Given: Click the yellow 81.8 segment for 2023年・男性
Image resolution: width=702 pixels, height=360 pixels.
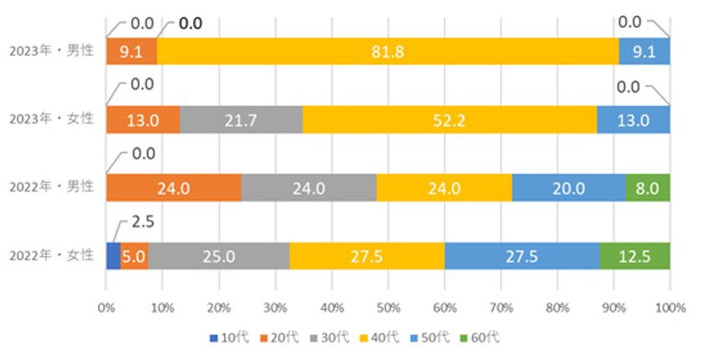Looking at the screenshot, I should [388, 52].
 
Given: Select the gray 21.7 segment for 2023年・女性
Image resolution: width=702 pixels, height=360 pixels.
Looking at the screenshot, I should [241, 119].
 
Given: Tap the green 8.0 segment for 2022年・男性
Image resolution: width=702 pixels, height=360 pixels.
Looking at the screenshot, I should [648, 188].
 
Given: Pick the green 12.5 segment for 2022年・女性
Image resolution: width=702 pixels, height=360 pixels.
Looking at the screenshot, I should [634, 256].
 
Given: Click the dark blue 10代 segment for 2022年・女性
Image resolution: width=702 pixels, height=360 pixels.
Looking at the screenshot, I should [113, 256].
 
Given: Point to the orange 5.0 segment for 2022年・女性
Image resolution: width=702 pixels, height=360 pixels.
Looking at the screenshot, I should [134, 256].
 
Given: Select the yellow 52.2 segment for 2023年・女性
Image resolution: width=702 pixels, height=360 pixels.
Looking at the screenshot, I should [450, 119].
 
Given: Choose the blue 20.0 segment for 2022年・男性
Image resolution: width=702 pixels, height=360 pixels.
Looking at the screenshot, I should [567, 188].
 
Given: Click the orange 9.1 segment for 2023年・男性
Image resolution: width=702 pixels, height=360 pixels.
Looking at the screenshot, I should [131, 52].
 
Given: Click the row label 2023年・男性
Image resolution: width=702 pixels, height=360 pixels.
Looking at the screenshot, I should [52, 52].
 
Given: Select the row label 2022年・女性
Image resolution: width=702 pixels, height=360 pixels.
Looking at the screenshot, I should [52, 256].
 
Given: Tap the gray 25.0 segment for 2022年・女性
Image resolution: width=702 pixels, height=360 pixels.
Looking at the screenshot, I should [219, 256].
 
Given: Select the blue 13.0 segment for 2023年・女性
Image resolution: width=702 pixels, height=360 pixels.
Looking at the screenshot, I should [633, 119].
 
